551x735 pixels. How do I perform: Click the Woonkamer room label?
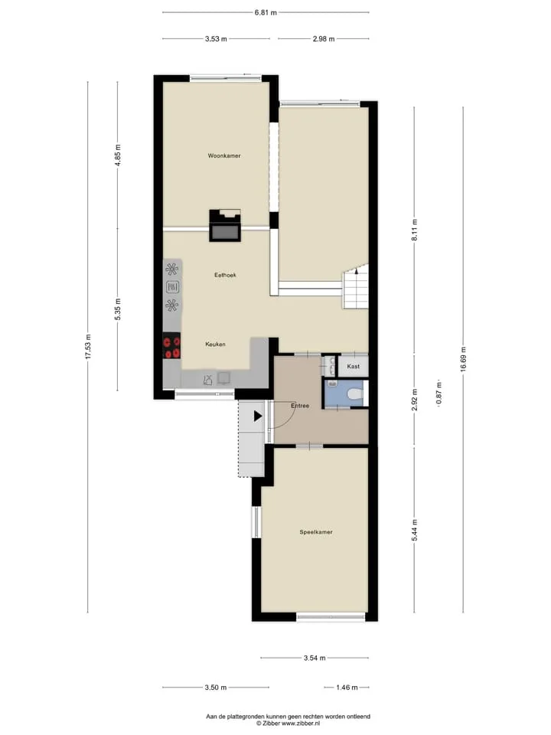(224, 155)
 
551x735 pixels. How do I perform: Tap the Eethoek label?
(225, 275)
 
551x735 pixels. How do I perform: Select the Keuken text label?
(215, 344)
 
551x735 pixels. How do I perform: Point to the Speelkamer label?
(316, 532)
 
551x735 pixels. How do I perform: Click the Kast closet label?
(354, 366)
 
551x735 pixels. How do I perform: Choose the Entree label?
(300, 406)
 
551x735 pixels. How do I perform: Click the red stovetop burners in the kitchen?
(171, 346)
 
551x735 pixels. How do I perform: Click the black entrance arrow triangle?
(258, 416)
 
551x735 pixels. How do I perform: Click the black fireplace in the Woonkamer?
(225, 225)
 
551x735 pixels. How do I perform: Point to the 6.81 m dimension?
(266, 13)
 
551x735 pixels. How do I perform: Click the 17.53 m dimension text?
(88, 348)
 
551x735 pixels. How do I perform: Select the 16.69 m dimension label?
(464, 360)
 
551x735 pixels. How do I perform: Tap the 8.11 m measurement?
(415, 230)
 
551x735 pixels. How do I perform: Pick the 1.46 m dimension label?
(347, 688)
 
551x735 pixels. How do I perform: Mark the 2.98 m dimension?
(324, 39)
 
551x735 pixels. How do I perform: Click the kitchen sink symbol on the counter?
(207, 379)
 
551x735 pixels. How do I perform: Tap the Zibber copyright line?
(289, 724)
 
